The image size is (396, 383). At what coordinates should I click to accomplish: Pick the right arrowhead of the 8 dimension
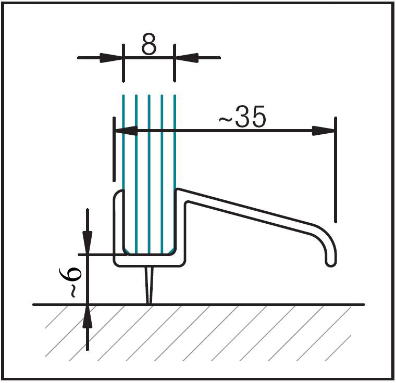click(x=184, y=57)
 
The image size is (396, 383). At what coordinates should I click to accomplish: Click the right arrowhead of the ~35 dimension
click(x=323, y=131)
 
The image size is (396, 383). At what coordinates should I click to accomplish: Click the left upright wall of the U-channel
click(x=118, y=229)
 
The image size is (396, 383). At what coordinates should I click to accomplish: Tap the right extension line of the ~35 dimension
click(x=335, y=172)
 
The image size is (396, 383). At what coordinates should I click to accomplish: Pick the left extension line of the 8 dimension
click(x=123, y=62)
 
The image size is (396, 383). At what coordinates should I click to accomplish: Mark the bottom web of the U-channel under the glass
click(x=148, y=261)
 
